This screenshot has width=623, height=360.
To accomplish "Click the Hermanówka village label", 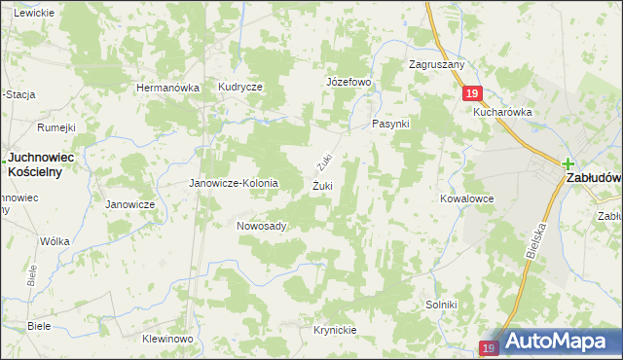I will tap(167, 88).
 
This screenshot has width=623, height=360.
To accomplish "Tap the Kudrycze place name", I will tap(240, 87).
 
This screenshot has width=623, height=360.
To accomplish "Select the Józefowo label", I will tap(348, 82).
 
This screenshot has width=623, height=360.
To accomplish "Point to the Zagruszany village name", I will tap(437, 65).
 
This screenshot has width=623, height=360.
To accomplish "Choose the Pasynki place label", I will tap(391, 125).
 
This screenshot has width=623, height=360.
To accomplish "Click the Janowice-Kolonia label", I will tap(234, 183).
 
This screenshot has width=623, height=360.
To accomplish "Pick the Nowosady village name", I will tap(261, 226).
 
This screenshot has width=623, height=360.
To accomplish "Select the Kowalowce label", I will tap(466, 198).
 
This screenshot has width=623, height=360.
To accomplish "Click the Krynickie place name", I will tap(335, 330).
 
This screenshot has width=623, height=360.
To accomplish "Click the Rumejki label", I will tap(56, 126).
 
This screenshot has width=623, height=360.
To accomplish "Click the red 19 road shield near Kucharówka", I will tap(471, 92).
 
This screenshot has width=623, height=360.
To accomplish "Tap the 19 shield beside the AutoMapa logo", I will tap(490, 347).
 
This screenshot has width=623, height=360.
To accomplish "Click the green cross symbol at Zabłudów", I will tap(568, 164).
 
